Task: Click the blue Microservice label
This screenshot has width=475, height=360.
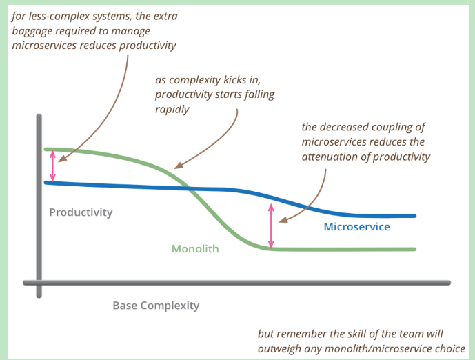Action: click(356, 227)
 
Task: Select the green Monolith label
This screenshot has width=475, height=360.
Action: click(195, 248)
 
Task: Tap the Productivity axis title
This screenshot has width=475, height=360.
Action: click(81, 212)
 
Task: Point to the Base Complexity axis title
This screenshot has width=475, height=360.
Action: click(156, 305)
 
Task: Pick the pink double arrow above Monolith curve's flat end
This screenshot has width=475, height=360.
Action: click(271, 226)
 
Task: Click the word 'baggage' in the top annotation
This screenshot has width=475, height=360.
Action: click(37, 31)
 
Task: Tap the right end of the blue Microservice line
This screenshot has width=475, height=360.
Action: click(415, 216)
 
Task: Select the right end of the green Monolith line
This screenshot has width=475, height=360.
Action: click(415, 249)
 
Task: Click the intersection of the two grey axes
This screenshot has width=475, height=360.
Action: click(39, 282)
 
